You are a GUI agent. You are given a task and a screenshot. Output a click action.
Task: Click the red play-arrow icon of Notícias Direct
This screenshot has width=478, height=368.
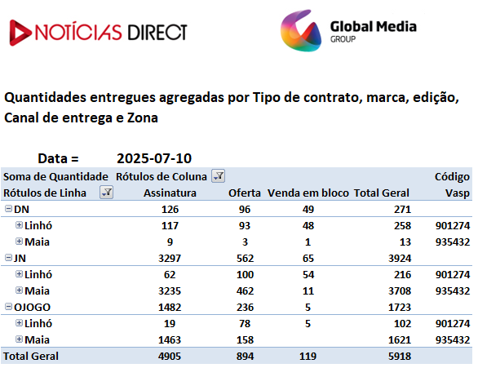(x=20, y=33)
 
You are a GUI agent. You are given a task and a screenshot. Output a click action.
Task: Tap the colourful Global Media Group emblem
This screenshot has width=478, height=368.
(x=301, y=30)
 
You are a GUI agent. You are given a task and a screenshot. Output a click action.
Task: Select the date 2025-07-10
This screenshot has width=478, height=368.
(x=154, y=158)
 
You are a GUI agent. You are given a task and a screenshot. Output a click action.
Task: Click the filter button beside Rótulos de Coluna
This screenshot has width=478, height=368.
(x=219, y=176)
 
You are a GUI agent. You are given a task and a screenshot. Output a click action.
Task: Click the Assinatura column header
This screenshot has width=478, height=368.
(x=170, y=193)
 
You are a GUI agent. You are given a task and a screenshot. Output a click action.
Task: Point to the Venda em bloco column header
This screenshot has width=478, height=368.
(x=308, y=193)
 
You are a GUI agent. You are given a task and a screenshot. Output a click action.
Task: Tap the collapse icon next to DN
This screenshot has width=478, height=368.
(x=8, y=209)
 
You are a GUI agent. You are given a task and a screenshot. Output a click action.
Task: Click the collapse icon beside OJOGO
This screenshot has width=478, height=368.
(x=8, y=307)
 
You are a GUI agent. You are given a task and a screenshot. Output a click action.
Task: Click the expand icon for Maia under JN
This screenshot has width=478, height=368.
(x=19, y=290)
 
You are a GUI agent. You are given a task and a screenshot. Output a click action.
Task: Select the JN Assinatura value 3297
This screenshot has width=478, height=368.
(x=170, y=258)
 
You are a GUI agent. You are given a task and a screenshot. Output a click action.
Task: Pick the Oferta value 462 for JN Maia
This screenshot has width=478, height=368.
(x=245, y=290)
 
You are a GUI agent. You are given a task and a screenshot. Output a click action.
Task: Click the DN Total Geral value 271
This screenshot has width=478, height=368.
(x=402, y=210)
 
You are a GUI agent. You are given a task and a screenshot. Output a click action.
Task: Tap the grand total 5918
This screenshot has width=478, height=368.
(x=400, y=356)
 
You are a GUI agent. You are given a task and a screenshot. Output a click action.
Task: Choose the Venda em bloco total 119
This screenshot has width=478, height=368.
(x=308, y=356)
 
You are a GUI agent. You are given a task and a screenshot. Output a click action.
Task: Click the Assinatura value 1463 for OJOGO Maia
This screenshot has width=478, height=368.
(x=170, y=340)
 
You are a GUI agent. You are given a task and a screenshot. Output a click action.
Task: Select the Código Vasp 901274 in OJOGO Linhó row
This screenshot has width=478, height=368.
(x=453, y=323)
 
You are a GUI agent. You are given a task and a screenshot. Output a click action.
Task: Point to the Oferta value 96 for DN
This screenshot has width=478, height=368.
(x=245, y=210)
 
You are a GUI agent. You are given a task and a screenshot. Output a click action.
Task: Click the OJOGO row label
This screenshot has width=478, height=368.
(x=32, y=308)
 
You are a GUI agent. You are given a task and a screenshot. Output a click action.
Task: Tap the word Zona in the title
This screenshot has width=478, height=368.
(x=143, y=118)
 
